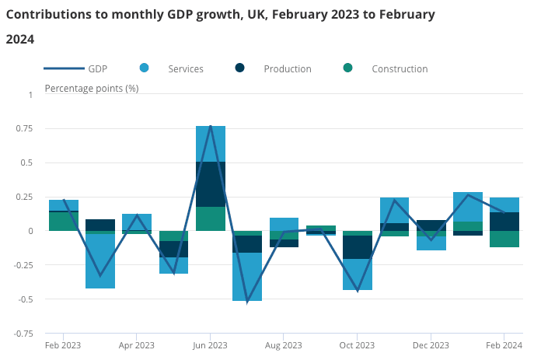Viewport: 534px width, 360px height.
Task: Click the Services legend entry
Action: click(185, 68)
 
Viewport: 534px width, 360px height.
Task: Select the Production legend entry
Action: click(287, 68)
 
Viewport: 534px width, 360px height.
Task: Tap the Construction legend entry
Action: click(400, 68)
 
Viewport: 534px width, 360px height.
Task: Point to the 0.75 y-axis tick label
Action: click(25, 129)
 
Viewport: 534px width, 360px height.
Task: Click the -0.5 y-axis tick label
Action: click(26, 299)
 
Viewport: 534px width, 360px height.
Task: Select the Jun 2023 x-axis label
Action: click(210, 345)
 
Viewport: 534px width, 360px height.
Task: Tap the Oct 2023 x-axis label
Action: click(357, 345)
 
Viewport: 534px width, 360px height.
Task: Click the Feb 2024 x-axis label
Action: click(504, 345)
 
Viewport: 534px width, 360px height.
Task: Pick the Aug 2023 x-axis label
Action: click(284, 345)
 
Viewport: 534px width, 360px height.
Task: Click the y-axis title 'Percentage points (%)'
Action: click(92, 88)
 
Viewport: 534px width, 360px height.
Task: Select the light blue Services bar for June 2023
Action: click(211, 144)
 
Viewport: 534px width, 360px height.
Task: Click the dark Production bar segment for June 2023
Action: click(211, 184)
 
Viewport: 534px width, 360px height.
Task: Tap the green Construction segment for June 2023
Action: click(211, 218)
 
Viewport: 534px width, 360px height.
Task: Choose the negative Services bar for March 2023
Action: click(100, 261)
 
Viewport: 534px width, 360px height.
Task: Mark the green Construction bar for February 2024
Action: click(504, 239)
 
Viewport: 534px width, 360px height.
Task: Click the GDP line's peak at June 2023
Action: click(211, 126)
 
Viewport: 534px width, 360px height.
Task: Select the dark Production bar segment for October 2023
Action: click(358, 246)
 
